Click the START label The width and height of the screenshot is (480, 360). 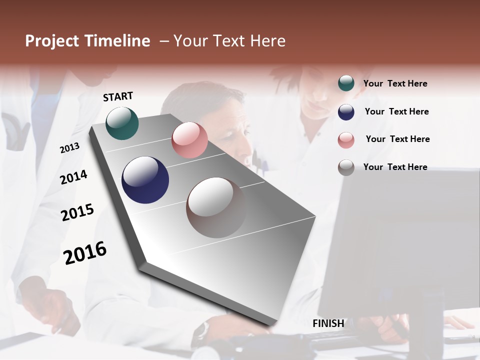pyautogui.click(x=118, y=96)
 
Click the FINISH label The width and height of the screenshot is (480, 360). pyautogui.click(x=328, y=323)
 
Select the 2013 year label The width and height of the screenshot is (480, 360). pyautogui.click(x=69, y=148)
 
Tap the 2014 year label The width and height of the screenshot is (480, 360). pyautogui.click(x=73, y=177)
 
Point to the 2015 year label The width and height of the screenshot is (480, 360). pyautogui.click(x=77, y=212)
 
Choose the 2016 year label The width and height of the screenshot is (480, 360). pyautogui.click(x=85, y=252)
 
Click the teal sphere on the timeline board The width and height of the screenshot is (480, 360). pyautogui.click(x=122, y=123)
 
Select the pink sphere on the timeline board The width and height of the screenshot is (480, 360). pyautogui.click(x=189, y=140)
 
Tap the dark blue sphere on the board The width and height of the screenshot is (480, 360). pyautogui.click(x=145, y=180)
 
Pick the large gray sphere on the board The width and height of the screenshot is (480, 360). pyautogui.click(x=216, y=207)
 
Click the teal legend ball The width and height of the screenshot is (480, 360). pyautogui.click(x=346, y=83)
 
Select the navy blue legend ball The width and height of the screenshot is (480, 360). pyautogui.click(x=346, y=112)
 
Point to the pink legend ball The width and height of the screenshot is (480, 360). pyautogui.click(x=346, y=140)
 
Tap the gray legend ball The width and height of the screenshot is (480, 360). pyautogui.click(x=346, y=167)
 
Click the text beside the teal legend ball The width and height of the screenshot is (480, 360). pyautogui.click(x=395, y=83)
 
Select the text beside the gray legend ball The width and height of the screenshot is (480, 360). pyautogui.click(x=395, y=167)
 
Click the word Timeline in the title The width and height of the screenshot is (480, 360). pyautogui.click(x=117, y=41)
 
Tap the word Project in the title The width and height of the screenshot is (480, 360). pyautogui.click(x=52, y=41)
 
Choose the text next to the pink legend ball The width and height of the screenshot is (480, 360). pyautogui.click(x=397, y=139)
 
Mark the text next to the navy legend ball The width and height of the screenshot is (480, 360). pyautogui.click(x=396, y=111)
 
